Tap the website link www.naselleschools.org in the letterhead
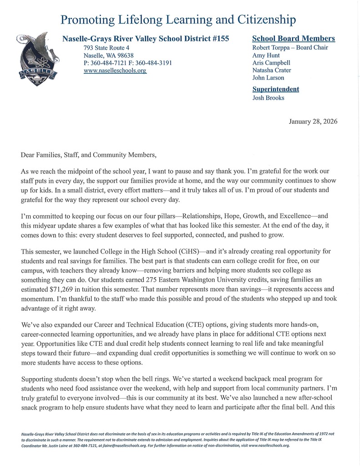tap(115, 71)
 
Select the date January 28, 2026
tap(313, 122)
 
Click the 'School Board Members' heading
tap(294, 39)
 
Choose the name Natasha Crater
tap(271, 71)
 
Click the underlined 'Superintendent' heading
tap(276, 89)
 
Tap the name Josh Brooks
tap(268, 98)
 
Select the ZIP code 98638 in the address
tap(123, 56)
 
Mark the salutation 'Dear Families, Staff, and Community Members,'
tap(88, 155)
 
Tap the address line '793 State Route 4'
tap(106, 48)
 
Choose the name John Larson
tap(268, 78)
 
